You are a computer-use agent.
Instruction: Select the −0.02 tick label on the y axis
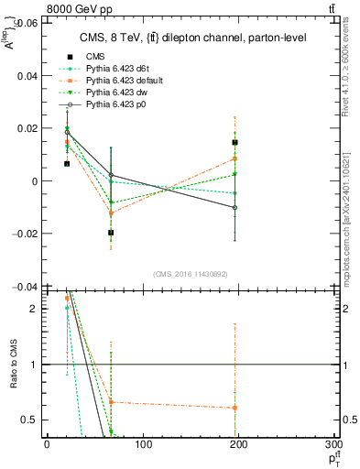pyautogui.click(x=22, y=234)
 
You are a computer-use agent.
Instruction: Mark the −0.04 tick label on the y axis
pyautogui.click(x=22, y=287)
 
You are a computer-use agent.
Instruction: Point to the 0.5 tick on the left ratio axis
pyautogui.click(x=29, y=420)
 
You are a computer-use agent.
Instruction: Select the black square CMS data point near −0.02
pyautogui.click(x=111, y=233)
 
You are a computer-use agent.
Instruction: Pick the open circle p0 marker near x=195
pyautogui.click(x=235, y=208)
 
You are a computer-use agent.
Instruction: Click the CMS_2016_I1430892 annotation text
pyautogui.click(x=191, y=274)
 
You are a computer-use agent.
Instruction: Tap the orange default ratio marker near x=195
pyautogui.click(x=235, y=408)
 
